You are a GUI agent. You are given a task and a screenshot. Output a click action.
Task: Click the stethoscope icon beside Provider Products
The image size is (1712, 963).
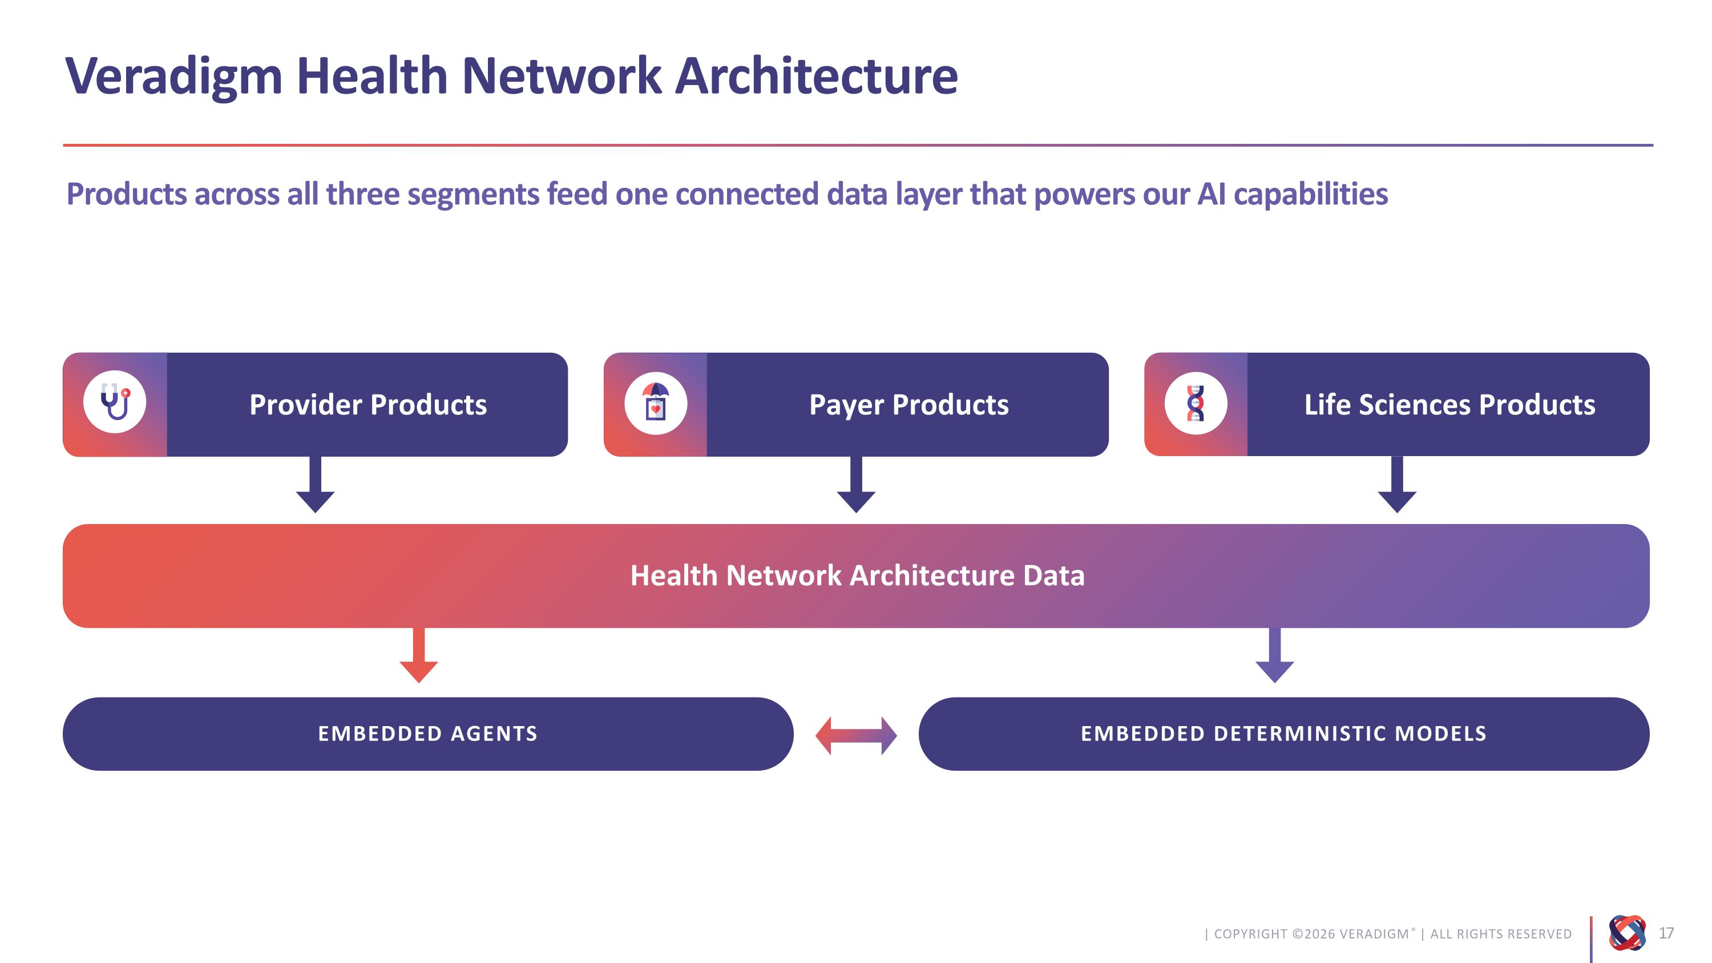click(x=115, y=401)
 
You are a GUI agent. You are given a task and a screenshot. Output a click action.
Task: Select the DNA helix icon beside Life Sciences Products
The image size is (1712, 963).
click(x=1196, y=403)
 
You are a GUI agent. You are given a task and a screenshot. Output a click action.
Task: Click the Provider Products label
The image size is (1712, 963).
click(x=368, y=405)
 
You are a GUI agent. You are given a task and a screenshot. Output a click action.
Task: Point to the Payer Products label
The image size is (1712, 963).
click(x=909, y=405)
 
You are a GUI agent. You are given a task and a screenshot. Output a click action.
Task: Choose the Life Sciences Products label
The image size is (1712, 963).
click(x=1449, y=405)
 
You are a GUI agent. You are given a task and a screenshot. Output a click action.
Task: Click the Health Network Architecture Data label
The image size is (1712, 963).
click(x=857, y=575)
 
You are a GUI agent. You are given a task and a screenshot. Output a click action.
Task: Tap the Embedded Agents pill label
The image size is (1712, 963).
click(x=428, y=734)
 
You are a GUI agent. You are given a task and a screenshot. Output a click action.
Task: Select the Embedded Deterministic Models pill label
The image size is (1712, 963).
click(x=1283, y=734)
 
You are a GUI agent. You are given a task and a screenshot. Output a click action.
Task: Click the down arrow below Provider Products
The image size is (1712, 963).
click(x=315, y=485)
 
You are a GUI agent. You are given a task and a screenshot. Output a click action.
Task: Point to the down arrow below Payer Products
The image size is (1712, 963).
click(x=856, y=485)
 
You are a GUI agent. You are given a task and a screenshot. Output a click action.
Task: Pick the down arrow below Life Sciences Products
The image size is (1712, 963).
click(x=1397, y=485)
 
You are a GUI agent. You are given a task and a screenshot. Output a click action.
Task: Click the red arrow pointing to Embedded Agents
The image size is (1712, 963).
click(x=419, y=655)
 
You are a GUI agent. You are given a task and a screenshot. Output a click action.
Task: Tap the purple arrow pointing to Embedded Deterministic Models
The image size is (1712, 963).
click(x=1275, y=655)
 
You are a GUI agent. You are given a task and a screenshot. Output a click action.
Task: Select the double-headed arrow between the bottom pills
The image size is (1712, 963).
click(x=856, y=736)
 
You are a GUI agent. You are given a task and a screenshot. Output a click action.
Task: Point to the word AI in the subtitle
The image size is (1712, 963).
click(x=1211, y=194)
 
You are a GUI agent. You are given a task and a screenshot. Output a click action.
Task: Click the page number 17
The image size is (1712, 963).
click(x=1666, y=933)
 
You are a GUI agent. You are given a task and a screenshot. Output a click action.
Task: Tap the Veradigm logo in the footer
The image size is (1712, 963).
click(x=1627, y=933)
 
